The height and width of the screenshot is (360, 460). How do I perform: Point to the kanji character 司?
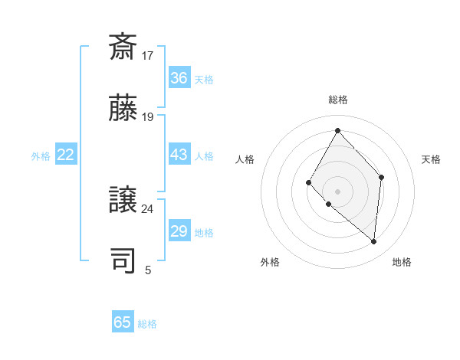[123, 260]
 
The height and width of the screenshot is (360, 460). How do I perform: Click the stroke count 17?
[148, 56]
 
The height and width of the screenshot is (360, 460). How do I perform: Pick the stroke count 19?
[148, 117]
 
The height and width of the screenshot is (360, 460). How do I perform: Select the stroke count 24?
[148, 209]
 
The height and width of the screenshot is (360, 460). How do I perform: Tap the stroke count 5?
[148, 270]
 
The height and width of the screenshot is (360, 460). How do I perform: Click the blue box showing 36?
[179, 78]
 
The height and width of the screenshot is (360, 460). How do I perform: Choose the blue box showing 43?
[179, 155]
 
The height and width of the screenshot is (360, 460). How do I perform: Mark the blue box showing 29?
[179, 231]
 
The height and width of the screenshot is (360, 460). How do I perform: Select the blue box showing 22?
[66, 155]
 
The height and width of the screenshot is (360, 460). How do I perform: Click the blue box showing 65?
[123, 322]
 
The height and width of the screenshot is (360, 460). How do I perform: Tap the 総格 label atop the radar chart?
[337, 100]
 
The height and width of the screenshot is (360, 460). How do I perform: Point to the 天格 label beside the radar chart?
[432, 159]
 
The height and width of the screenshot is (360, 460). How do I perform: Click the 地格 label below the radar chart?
[402, 262]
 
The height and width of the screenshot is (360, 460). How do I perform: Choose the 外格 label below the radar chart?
[270, 262]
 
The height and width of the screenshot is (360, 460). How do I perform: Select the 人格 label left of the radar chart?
[245, 159]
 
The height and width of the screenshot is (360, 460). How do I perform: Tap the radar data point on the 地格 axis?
[374, 242]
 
